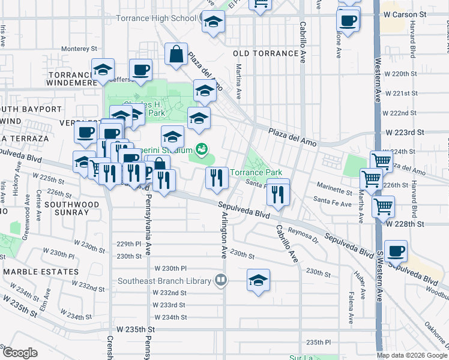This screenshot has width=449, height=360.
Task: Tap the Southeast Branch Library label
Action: pos(155,280)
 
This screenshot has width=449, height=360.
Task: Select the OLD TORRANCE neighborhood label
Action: pos(265,53)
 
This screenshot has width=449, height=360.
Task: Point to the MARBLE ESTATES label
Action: pos(41,272)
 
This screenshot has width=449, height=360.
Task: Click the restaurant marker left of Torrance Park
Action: pos(216,176)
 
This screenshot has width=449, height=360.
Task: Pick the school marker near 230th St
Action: pos(258,280)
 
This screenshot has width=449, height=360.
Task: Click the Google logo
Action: pos(20,353)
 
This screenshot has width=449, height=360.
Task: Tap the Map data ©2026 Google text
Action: pos(412,355)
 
